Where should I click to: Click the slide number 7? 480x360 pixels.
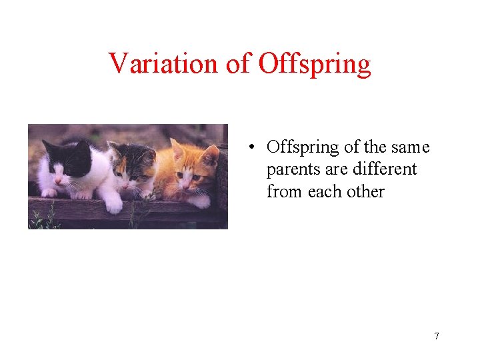(436, 336)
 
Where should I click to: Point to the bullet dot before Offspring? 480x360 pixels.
(252, 147)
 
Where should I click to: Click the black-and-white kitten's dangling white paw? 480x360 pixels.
(113, 205)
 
